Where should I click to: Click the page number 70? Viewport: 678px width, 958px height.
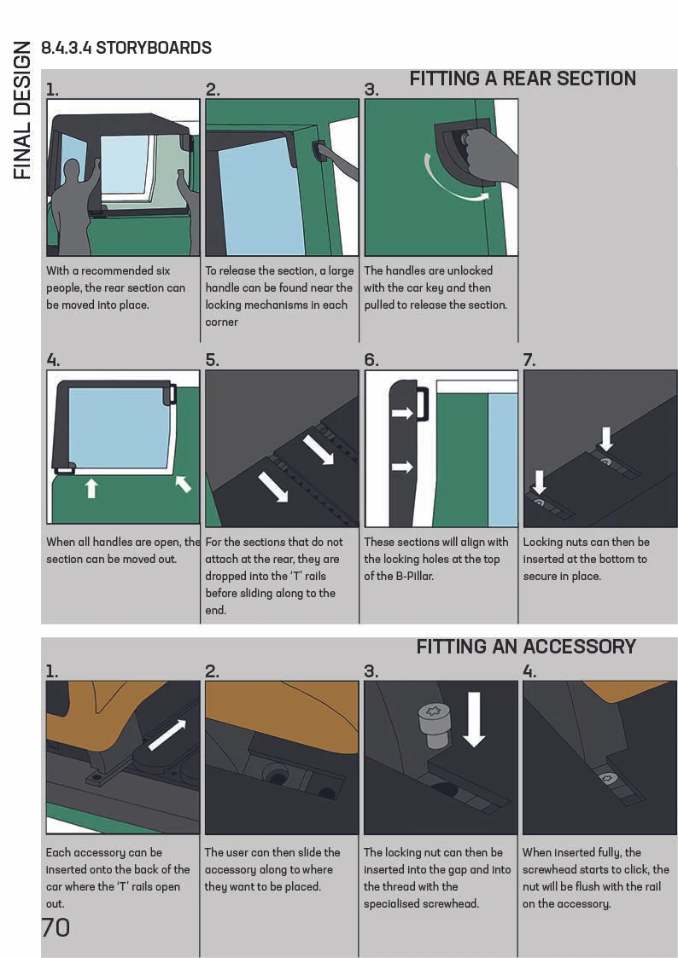click(56, 927)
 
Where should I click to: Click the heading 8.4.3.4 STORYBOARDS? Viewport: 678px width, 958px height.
click(126, 48)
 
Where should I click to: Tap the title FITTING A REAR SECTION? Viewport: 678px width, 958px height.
click(523, 78)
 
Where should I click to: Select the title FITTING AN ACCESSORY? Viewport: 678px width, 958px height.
click(526, 647)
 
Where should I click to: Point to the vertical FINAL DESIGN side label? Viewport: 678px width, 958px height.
click(22, 111)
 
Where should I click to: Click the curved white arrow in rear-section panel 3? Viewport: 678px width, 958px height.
click(453, 180)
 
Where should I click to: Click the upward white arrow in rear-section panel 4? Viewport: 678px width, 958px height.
click(91, 488)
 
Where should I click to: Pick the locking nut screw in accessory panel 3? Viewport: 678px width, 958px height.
click(434, 724)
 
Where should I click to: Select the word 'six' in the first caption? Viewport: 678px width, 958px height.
click(161, 270)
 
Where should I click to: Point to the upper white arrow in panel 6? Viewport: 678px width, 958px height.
click(402, 413)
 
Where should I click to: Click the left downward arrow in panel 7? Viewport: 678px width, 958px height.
click(539, 481)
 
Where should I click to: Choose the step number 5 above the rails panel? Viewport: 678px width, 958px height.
click(212, 360)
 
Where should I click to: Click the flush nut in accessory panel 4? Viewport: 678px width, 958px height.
click(606, 778)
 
